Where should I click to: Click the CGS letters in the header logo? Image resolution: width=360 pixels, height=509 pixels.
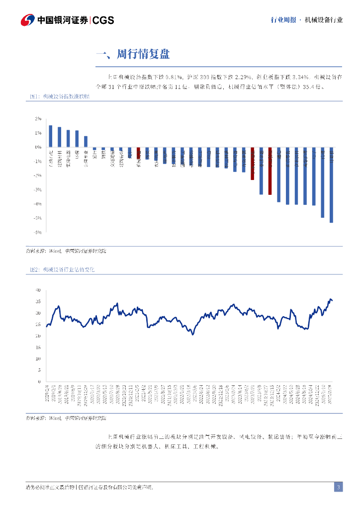click(x=103, y=20)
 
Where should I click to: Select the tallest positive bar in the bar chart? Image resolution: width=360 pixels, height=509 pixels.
click(x=51, y=136)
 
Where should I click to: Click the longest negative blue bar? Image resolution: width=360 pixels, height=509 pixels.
click(x=332, y=185)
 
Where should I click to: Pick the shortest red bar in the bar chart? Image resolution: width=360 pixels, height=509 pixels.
click(x=139, y=153)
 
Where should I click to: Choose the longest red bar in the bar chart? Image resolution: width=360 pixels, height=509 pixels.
click(x=270, y=170)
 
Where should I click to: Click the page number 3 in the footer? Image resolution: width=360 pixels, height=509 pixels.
click(x=338, y=487)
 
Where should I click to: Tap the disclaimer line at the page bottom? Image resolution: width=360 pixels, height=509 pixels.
click(x=90, y=487)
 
